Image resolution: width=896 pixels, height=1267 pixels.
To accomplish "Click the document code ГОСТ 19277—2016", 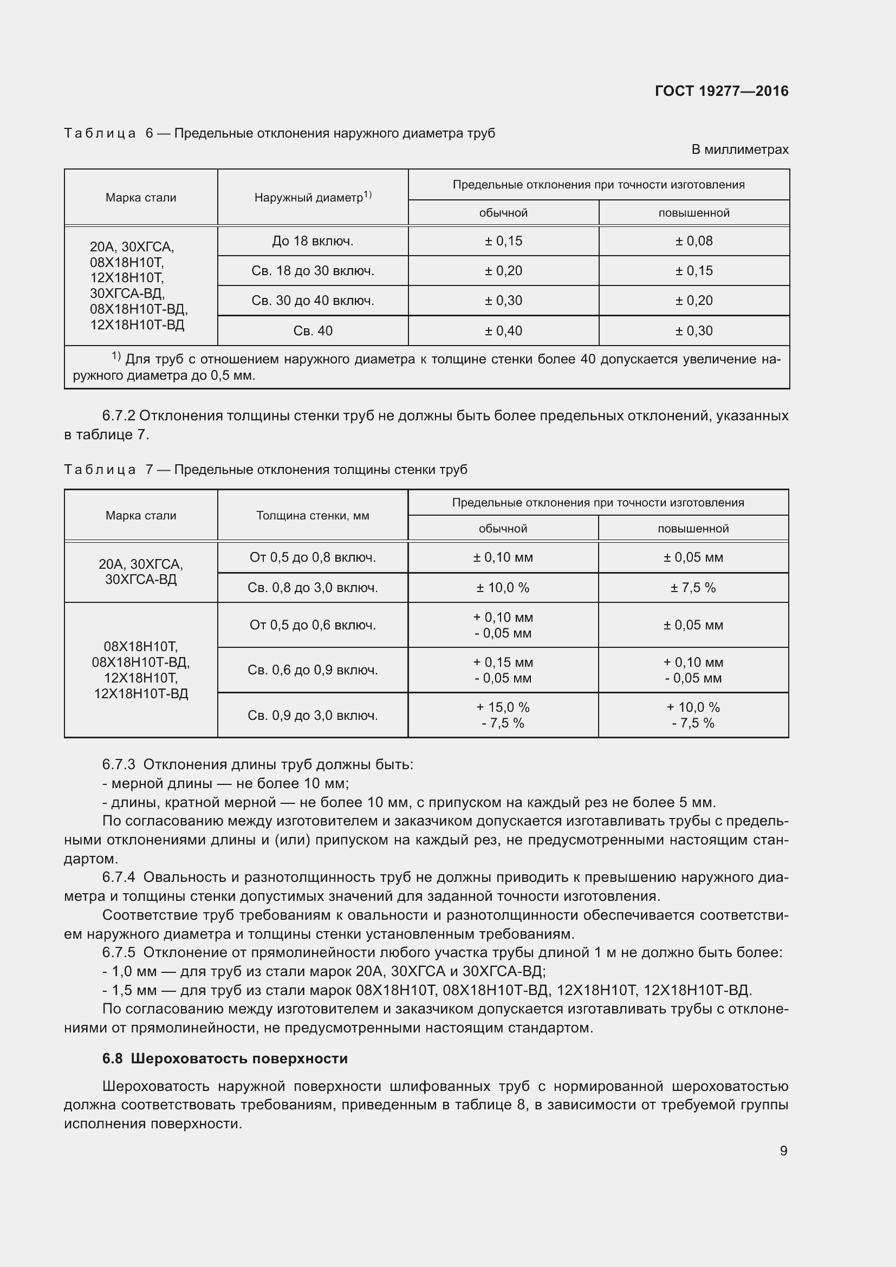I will click(721, 91).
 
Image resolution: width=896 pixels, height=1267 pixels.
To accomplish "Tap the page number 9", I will click(783, 1151).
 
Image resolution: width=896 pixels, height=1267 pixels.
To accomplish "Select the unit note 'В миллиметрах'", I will click(740, 150).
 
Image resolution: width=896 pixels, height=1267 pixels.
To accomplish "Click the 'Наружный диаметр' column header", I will click(312, 197).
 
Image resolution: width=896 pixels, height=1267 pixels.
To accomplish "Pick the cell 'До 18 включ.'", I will click(312, 241).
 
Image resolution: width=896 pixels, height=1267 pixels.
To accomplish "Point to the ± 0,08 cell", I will click(693, 241).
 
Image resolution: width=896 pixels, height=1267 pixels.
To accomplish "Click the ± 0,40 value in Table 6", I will click(503, 331).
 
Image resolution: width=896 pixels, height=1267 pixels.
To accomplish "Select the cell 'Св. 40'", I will click(312, 331).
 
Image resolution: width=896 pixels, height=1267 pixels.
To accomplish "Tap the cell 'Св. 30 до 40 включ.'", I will click(312, 301).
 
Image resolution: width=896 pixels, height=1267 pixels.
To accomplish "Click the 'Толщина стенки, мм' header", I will click(312, 515).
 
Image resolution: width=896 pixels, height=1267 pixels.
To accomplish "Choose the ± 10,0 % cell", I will click(503, 588).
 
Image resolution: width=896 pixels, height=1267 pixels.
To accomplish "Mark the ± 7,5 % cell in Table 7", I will click(693, 588).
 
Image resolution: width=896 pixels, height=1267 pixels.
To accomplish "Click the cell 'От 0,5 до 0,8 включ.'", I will click(312, 557).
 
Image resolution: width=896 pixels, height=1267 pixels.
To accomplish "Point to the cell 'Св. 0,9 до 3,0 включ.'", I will click(312, 716).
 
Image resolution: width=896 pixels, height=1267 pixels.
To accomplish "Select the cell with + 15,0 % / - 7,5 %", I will click(503, 715).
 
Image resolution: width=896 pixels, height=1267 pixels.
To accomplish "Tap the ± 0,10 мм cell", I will click(503, 557).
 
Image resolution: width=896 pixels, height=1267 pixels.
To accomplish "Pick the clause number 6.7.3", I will click(119, 765).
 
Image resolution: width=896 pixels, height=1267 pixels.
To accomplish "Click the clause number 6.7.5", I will click(119, 952).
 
